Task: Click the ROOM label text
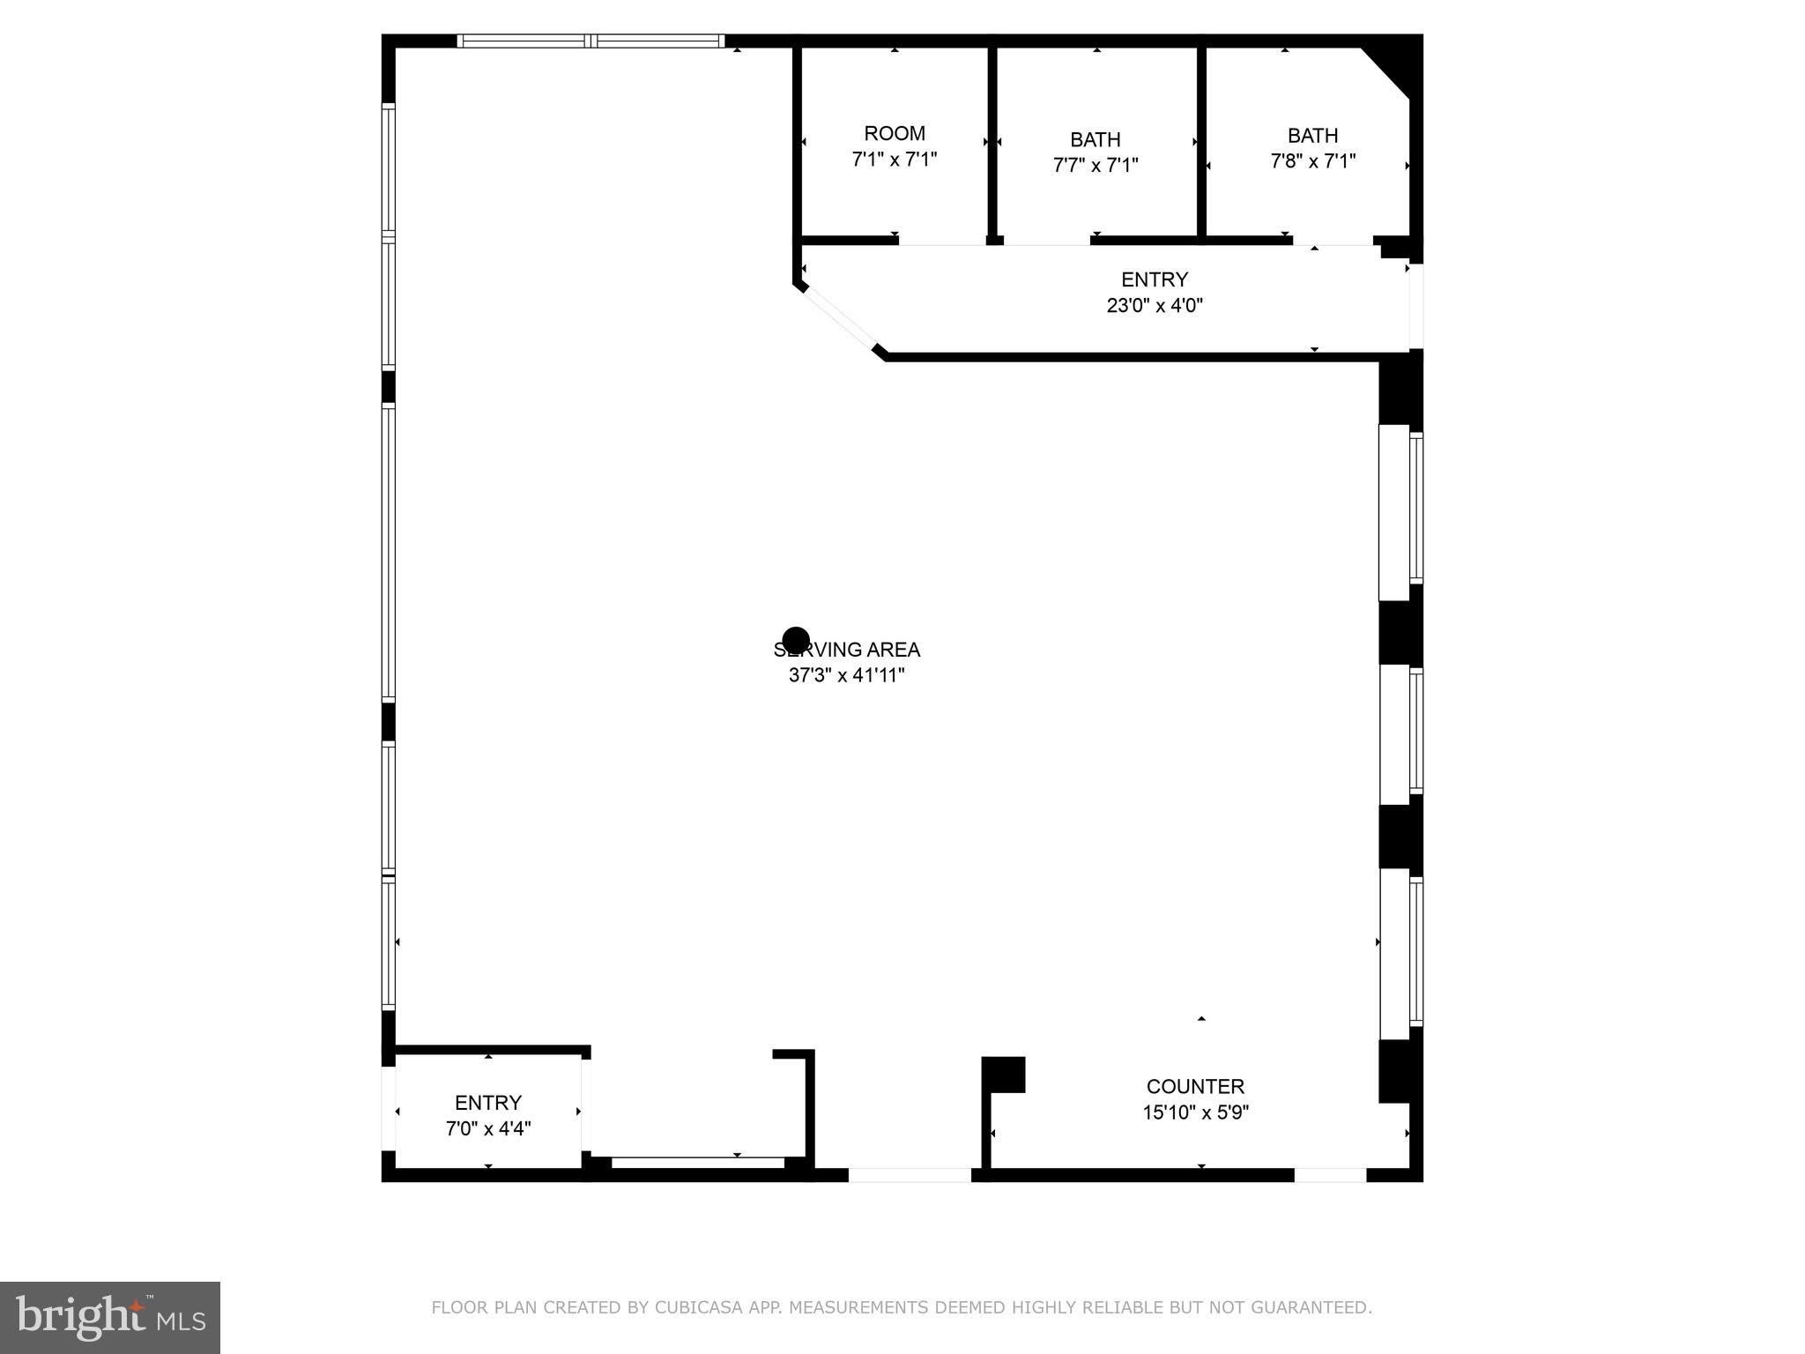pyautogui.click(x=894, y=134)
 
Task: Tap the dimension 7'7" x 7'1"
pyautogui.click(x=1096, y=165)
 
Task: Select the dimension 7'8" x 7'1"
pyautogui.click(x=1312, y=161)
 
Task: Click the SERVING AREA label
pyautogui.click(x=846, y=650)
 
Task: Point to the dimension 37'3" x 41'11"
pyautogui.click(x=846, y=676)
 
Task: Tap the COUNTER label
pyautogui.click(x=1195, y=1087)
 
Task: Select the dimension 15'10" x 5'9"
pyautogui.click(x=1195, y=1112)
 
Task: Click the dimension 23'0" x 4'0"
pyautogui.click(x=1155, y=306)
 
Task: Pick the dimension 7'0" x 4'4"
pyautogui.click(x=488, y=1128)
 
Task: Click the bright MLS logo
pyautogui.click(x=110, y=1318)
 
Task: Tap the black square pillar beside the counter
pyautogui.click(x=1004, y=1075)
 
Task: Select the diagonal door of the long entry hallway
pyautogui.click(x=839, y=319)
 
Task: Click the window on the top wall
pyautogui.click(x=591, y=41)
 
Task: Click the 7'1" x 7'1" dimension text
pyautogui.click(x=894, y=160)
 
